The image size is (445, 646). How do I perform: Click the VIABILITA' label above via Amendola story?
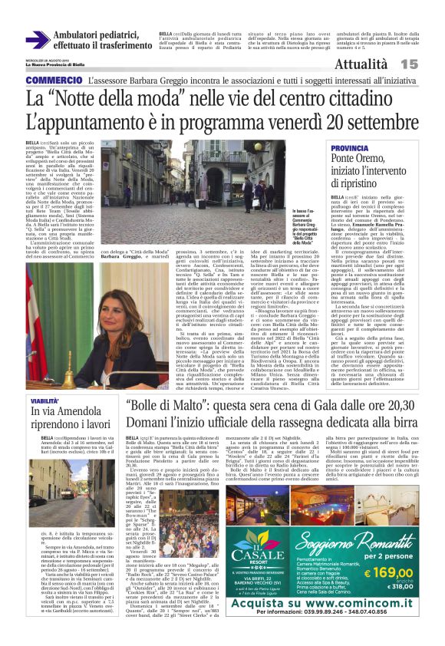[x=44, y=401]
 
